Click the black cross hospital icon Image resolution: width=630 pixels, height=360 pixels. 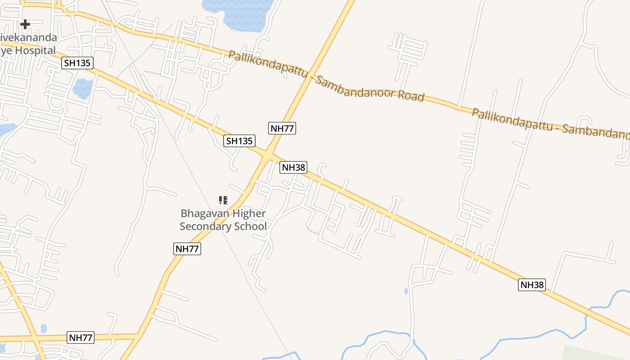(x=25, y=24)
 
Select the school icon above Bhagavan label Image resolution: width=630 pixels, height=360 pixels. (x=223, y=200)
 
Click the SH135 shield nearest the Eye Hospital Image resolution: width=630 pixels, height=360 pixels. (x=77, y=63)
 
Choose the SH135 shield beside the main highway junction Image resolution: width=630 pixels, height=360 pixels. (x=239, y=141)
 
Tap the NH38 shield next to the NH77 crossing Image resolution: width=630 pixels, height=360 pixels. (x=293, y=167)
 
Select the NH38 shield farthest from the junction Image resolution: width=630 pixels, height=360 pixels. (x=531, y=284)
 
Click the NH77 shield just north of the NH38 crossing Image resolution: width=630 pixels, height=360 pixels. (x=282, y=128)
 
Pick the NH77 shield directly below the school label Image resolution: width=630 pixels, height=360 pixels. (x=187, y=248)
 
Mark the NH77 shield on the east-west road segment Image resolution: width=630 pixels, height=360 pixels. (x=81, y=337)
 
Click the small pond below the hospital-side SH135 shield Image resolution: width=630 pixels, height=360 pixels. (x=83, y=88)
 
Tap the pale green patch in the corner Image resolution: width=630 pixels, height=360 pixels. (x=598, y=353)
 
